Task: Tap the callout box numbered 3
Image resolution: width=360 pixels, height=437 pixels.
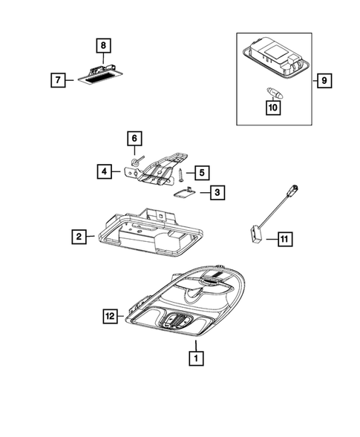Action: coord(216,194)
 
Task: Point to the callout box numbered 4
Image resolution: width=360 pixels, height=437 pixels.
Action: coord(106,171)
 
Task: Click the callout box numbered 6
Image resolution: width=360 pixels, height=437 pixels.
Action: coord(134,138)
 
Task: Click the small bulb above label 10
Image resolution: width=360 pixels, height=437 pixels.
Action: coord(272,91)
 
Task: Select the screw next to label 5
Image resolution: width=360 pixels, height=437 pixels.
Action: coord(180,174)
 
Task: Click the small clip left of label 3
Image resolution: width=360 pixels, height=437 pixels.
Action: coord(183,192)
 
